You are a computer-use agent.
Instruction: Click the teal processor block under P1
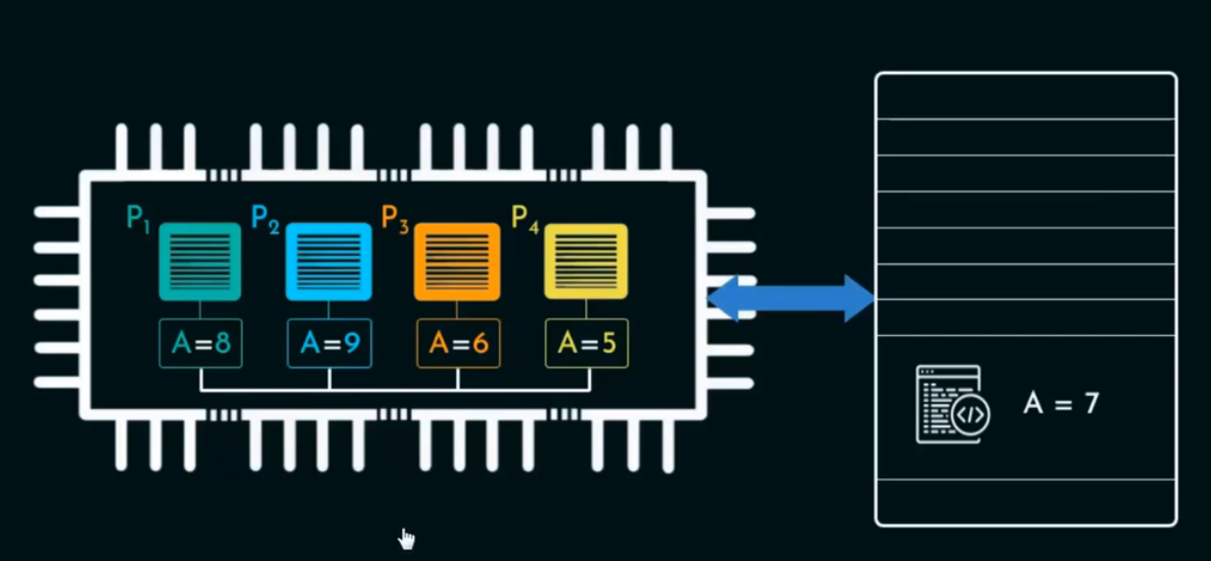[200, 261]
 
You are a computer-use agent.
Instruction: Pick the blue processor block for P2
[328, 261]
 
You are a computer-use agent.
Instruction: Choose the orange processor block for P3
[457, 261]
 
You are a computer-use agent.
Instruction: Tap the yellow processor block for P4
[585, 261]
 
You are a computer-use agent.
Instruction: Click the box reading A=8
[200, 344]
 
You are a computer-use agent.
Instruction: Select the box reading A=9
[329, 344]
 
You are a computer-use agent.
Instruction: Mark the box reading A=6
[458, 344]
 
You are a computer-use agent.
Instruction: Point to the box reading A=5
[586, 344]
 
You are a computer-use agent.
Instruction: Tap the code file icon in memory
[952, 404]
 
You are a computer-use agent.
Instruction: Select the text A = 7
[1061, 403]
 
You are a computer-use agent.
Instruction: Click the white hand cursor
[406, 539]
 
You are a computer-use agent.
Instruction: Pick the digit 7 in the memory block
[1091, 403]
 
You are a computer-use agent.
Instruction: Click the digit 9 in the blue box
[351, 344]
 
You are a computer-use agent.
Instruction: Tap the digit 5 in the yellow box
[608, 344]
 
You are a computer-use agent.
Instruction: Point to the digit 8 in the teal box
[222, 344]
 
